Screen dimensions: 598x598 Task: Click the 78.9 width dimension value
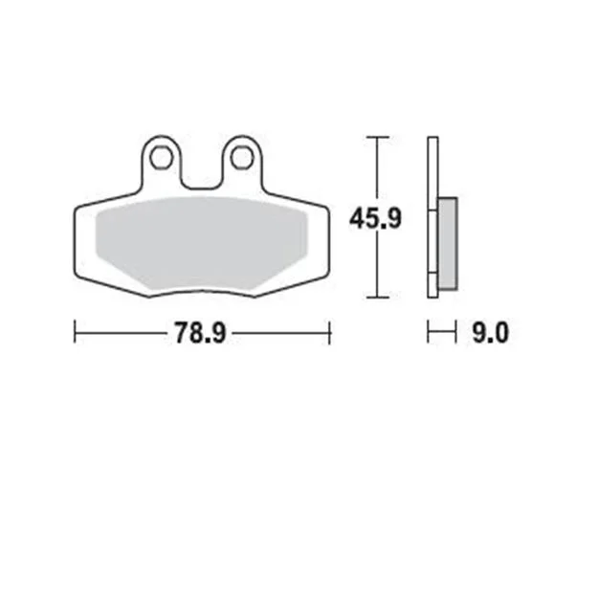pos(201,333)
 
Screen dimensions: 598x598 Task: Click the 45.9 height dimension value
pos(375,218)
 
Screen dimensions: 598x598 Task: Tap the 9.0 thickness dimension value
pos(490,333)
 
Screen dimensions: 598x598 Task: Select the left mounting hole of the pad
pos(162,158)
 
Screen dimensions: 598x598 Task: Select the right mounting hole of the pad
pos(242,158)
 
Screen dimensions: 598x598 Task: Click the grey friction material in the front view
pos(201,244)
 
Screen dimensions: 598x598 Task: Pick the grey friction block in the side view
pos(448,243)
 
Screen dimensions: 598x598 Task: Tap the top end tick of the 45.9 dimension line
pos(378,137)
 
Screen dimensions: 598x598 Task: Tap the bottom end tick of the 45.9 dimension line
pos(378,298)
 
